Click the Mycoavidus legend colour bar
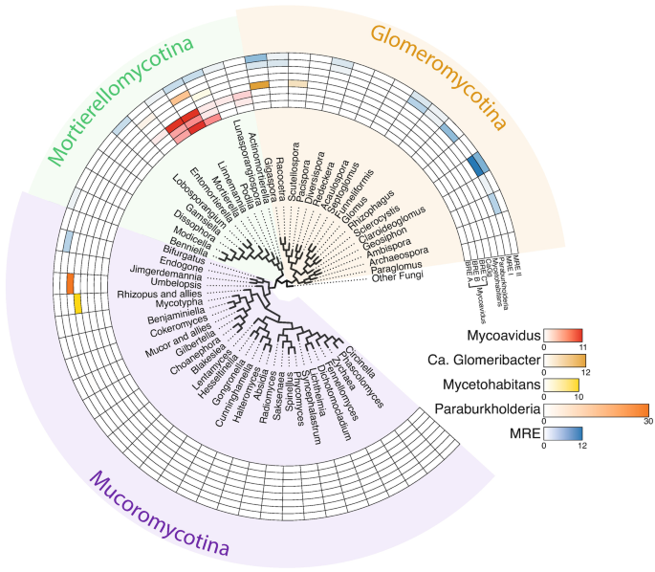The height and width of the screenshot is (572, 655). (x=562, y=337)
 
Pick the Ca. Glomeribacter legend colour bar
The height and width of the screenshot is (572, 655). (x=564, y=362)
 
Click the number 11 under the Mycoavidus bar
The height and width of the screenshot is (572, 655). (x=579, y=349)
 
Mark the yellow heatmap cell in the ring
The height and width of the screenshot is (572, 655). (x=76, y=303)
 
